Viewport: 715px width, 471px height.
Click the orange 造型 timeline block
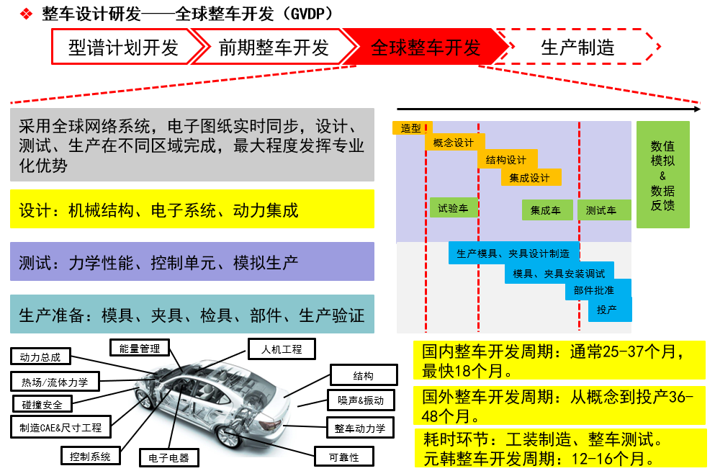(x=412, y=128)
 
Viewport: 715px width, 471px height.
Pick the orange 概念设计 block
(x=454, y=143)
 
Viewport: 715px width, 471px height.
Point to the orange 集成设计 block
(x=531, y=177)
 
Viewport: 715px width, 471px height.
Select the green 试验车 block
(x=453, y=208)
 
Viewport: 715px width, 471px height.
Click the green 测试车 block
(x=603, y=210)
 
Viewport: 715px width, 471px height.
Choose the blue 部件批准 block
(x=598, y=290)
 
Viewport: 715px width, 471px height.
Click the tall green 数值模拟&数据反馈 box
(x=662, y=174)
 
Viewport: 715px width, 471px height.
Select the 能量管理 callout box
(x=140, y=349)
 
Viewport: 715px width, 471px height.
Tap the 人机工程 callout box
(x=282, y=349)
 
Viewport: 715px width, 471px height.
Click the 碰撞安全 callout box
(x=42, y=405)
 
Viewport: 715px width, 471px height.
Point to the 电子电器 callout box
(x=168, y=458)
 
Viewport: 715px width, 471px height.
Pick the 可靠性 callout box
(x=344, y=457)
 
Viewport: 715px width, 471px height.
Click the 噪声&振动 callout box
(x=361, y=400)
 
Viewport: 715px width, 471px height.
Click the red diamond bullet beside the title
(x=27, y=14)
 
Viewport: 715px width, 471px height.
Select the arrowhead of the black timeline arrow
(x=697, y=109)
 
